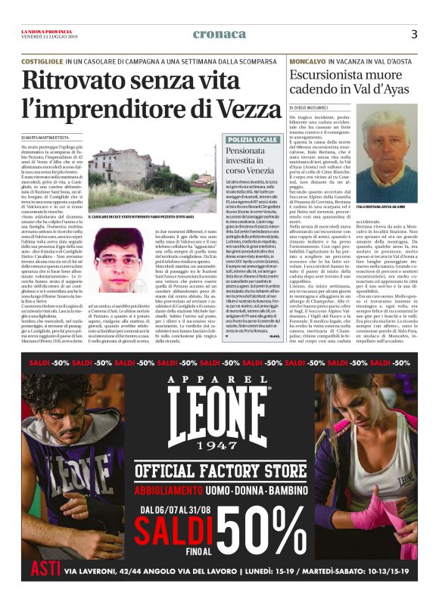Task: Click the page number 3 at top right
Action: [413, 34]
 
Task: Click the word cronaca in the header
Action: [219, 34]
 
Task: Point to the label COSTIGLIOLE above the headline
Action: [42, 59]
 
